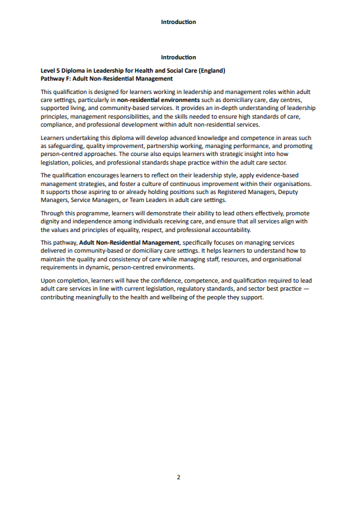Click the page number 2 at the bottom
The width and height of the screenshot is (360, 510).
tap(179, 477)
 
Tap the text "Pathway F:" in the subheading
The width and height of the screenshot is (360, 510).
tap(55, 78)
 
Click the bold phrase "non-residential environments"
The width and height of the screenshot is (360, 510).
tap(159, 99)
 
